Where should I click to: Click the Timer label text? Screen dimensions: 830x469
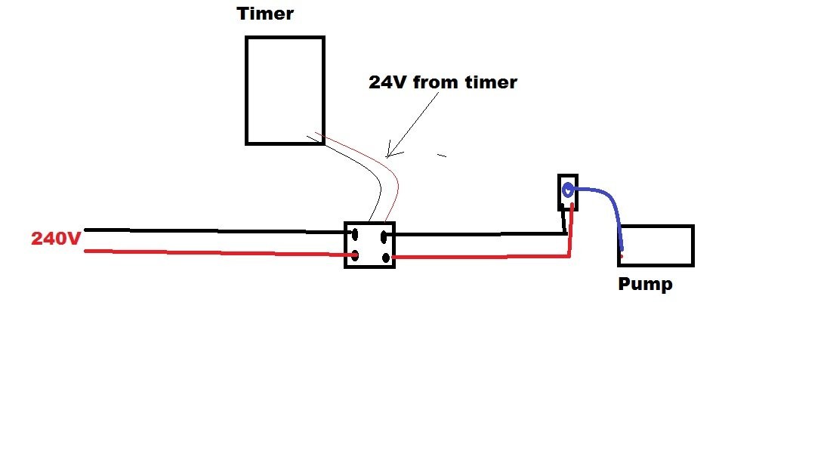click(264, 14)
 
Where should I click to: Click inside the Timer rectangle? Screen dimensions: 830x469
click(285, 90)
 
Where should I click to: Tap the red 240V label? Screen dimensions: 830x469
click(56, 238)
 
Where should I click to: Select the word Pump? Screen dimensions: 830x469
click(645, 284)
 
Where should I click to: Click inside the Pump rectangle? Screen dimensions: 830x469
click(656, 245)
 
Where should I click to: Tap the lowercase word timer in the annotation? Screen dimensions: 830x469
click(491, 82)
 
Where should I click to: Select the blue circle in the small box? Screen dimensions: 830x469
click(567, 190)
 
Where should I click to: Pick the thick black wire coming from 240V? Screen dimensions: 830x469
click(217, 231)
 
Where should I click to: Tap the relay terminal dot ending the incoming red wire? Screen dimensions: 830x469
click(355, 257)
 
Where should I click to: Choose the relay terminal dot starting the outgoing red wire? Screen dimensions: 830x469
click(386, 258)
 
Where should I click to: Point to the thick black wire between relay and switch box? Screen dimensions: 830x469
click(477, 234)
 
